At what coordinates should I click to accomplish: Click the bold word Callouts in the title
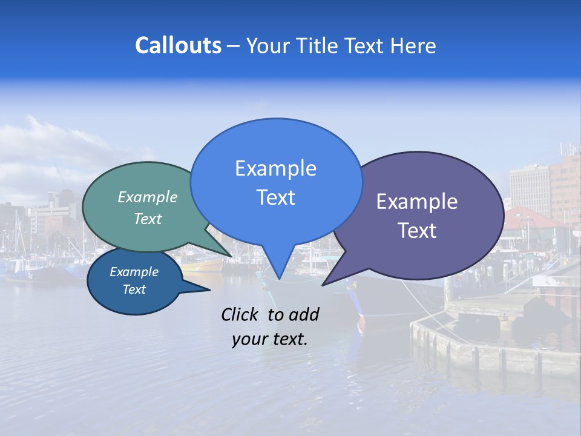click(x=178, y=45)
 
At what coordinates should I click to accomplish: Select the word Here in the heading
click(x=413, y=45)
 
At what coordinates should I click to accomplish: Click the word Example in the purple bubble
click(x=417, y=202)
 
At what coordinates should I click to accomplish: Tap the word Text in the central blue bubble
click(x=275, y=197)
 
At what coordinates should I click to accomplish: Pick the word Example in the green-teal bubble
click(x=148, y=197)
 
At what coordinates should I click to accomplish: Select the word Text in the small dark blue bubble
click(x=134, y=289)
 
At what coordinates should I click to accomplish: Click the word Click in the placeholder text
click(x=240, y=314)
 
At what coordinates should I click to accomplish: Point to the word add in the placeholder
click(x=304, y=314)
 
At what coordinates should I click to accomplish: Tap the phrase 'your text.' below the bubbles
click(x=270, y=339)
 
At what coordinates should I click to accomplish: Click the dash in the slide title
click(x=234, y=45)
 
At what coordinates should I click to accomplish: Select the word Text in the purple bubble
click(x=417, y=231)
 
